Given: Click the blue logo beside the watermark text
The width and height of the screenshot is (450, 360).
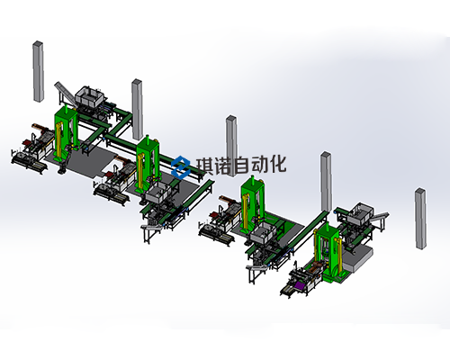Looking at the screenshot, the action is coord(181,166).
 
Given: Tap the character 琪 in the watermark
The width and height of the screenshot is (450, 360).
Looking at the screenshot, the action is coord(206,166).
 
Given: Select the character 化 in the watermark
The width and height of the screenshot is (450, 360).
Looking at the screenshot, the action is coord(276,164).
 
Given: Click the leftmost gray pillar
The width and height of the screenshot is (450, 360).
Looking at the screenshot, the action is coord(38,71).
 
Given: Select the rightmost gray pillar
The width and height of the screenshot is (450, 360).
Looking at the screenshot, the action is coord(420,219).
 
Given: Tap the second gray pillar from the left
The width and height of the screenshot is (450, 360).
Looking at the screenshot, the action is coord(138,110).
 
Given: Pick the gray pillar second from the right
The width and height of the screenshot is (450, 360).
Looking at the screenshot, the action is coord(326,182).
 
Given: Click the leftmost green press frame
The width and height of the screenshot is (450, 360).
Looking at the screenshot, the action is coord(67,133).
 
